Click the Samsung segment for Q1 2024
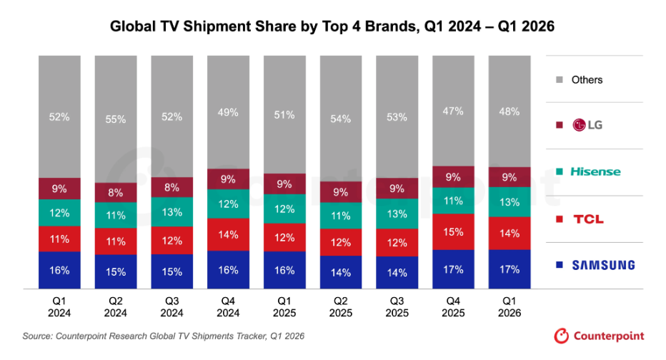(59, 270)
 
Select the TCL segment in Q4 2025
(453, 232)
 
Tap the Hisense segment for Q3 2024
(172, 212)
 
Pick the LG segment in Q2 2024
(116, 193)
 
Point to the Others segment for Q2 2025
(341, 119)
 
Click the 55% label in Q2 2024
(116, 119)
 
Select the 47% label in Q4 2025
(453, 111)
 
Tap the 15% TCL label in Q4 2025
(453, 232)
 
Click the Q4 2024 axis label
(228, 307)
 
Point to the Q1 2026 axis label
(510, 307)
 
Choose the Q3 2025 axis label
(397, 307)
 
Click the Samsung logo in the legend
(603, 265)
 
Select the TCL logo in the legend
(588, 219)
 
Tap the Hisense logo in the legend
(595, 171)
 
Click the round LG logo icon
(579, 125)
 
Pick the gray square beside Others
(560, 80)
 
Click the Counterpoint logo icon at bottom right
(561, 336)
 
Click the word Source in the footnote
(37, 336)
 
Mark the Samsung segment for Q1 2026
(510, 269)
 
